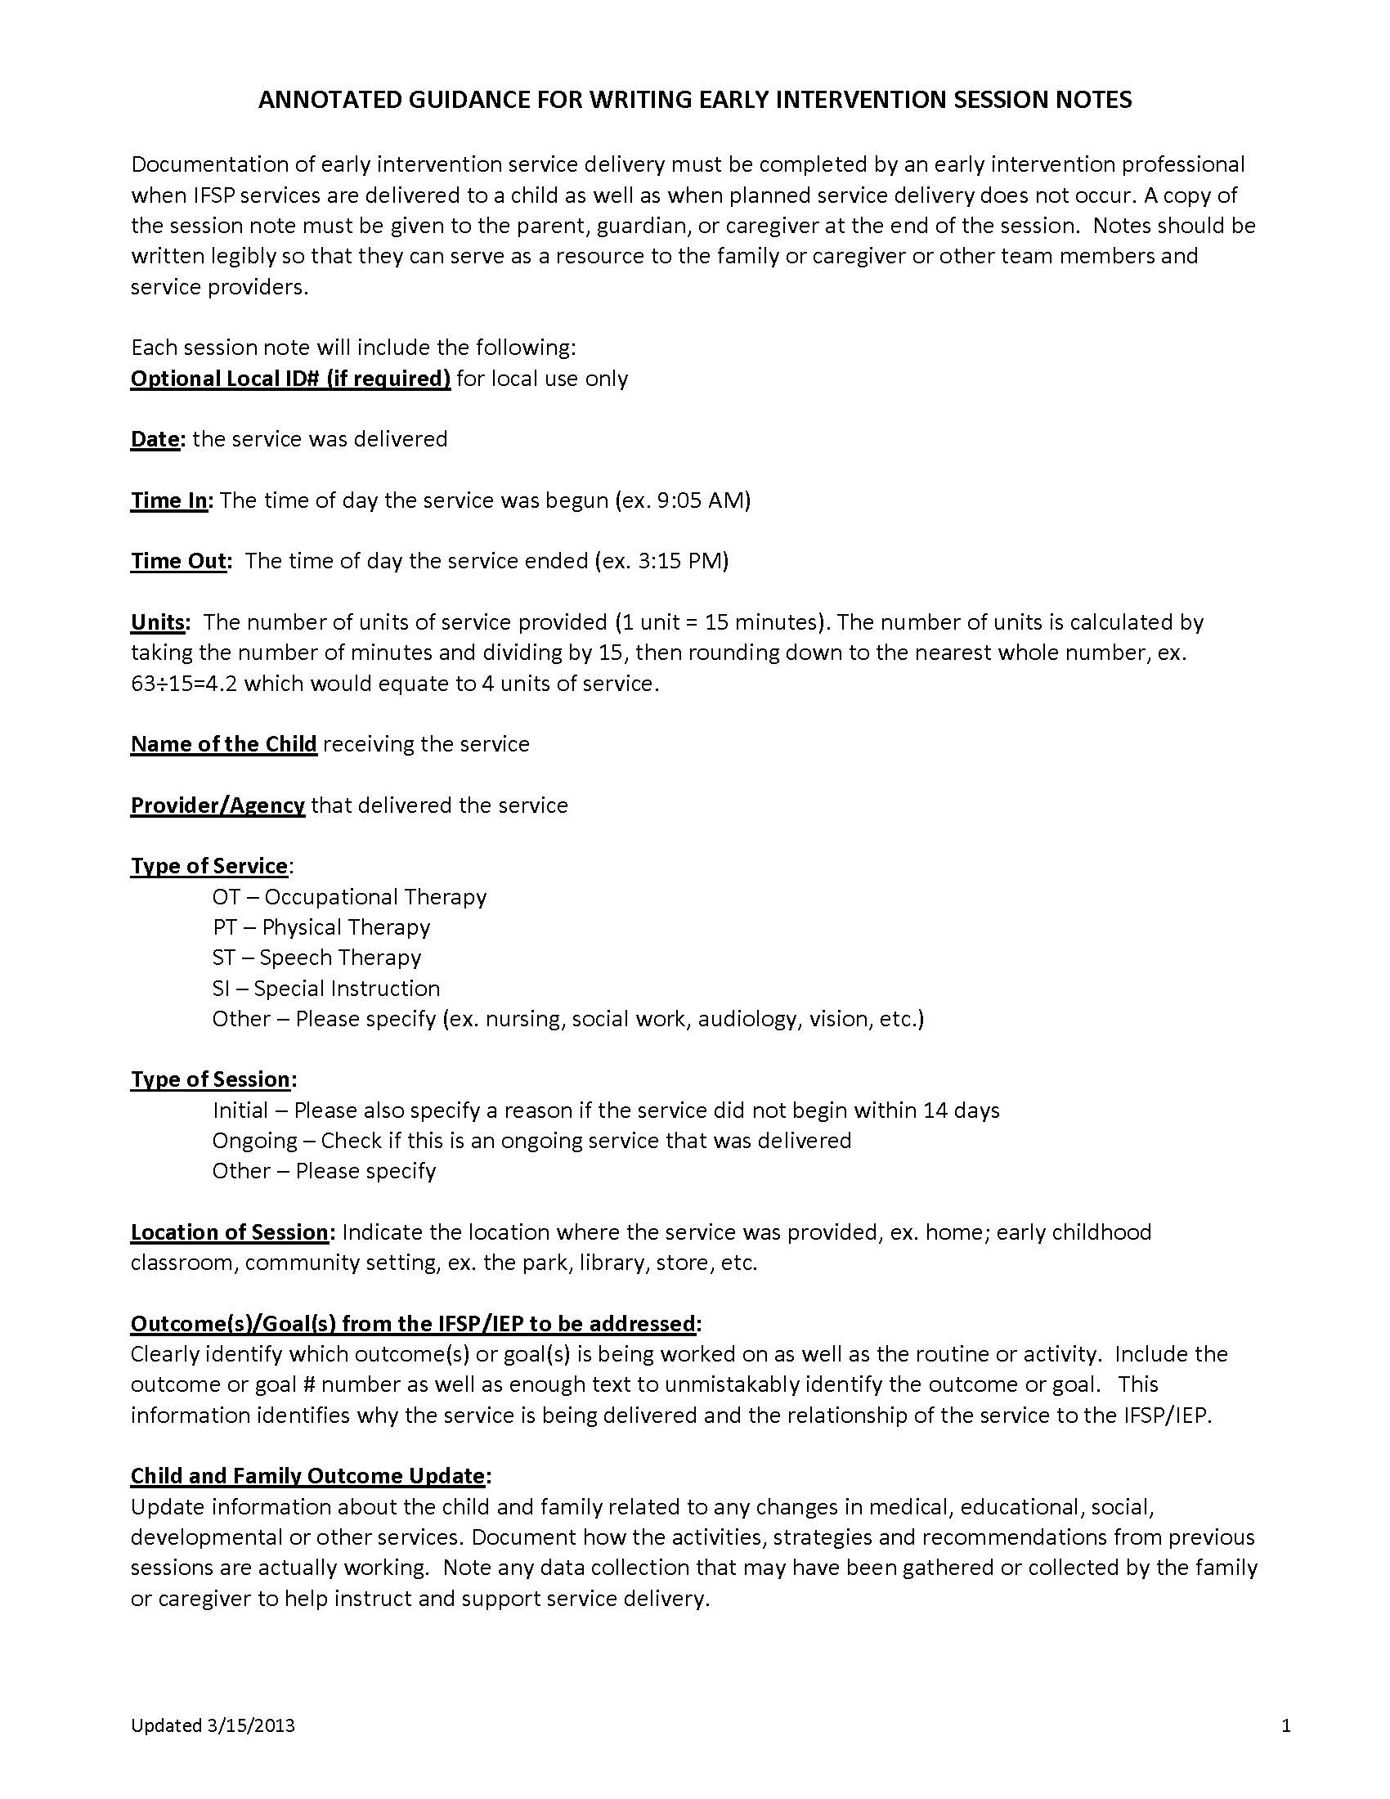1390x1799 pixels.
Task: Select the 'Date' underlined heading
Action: click(x=155, y=439)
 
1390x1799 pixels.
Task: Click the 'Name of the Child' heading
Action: click(x=223, y=745)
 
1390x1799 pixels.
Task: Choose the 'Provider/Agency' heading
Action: click(x=217, y=805)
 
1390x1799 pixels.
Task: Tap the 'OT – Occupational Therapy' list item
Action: click(x=349, y=897)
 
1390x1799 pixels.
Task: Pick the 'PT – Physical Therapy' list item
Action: click(x=321, y=927)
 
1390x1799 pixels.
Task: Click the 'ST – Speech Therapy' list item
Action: click(x=316, y=958)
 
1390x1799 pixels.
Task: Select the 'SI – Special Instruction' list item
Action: click(x=326, y=989)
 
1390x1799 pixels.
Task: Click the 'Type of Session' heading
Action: click(x=211, y=1080)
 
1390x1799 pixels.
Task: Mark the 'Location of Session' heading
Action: click(x=230, y=1232)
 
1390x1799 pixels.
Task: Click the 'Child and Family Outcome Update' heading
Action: click(x=307, y=1476)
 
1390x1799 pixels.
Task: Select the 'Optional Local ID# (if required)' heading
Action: click(x=290, y=379)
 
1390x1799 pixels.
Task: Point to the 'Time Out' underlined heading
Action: click(x=178, y=561)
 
